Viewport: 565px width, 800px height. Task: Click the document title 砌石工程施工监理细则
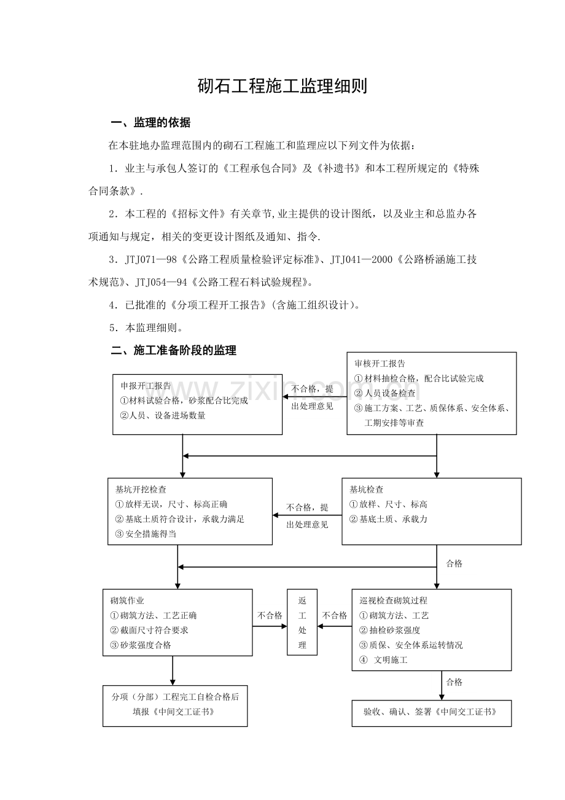click(282, 87)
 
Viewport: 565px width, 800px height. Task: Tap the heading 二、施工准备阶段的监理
click(173, 351)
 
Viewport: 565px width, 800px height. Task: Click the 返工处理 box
click(302, 622)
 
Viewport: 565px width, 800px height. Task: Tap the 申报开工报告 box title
click(146, 386)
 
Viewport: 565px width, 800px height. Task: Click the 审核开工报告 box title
click(380, 364)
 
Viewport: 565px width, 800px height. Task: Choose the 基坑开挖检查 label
click(141, 490)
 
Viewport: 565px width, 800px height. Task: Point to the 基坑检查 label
click(367, 490)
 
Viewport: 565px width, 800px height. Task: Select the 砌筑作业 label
click(127, 600)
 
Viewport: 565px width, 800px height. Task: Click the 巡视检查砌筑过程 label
click(393, 600)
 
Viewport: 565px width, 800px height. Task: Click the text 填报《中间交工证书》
click(174, 712)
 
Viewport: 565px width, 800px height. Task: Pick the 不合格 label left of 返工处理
click(270, 615)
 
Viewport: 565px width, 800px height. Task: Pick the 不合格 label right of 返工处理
click(335, 615)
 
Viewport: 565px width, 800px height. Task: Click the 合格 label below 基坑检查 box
click(454, 563)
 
